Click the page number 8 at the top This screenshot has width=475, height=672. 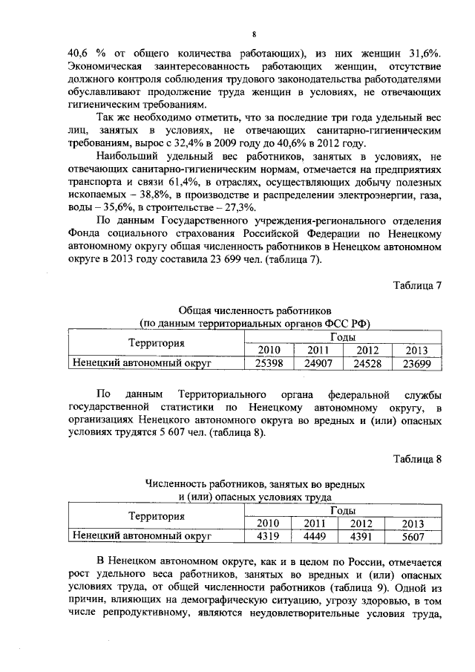[x=254, y=35]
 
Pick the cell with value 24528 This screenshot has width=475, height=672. [x=367, y=364]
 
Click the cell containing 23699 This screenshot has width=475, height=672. [x=416, y=364]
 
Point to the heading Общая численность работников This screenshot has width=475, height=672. [x=255, y=308]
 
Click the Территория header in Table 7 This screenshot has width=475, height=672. [x=156, y=343]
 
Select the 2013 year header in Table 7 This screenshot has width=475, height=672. [x=416, y=350]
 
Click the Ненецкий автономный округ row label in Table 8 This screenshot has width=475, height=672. [x=141, y=535]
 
